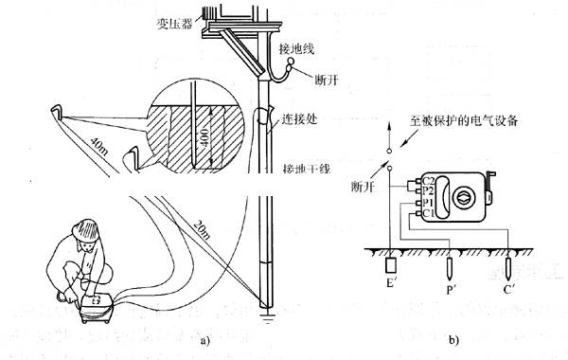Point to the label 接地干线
tap(307, 170)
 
